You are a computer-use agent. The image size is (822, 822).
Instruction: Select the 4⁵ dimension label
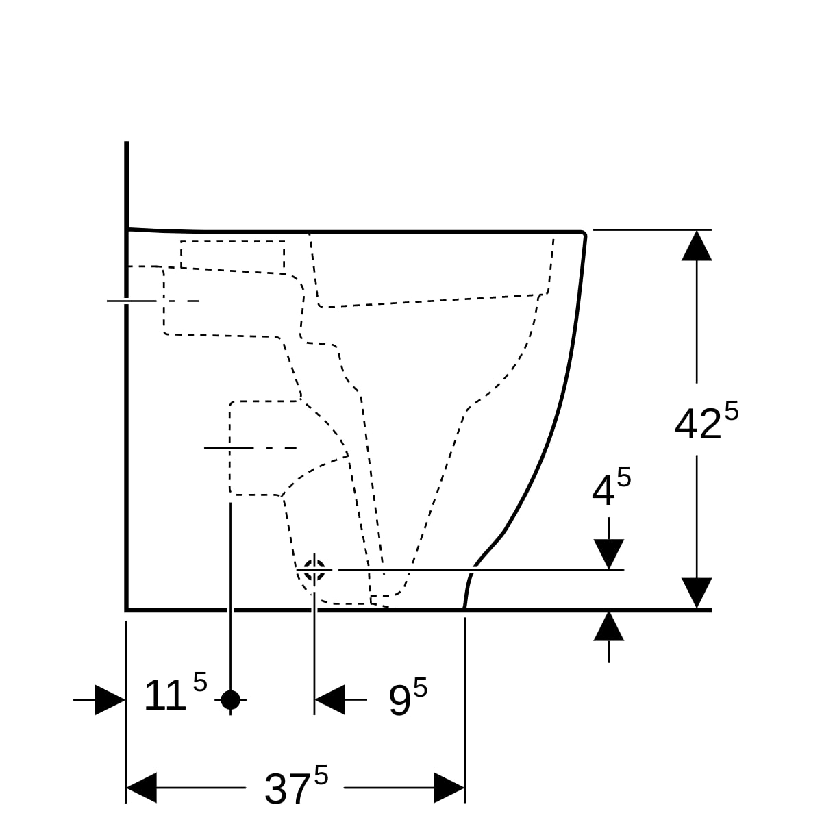(610, 489)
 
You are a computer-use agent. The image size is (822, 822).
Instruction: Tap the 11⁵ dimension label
(175, 696)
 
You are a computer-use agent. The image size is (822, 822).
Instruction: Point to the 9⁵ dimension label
(407, 699)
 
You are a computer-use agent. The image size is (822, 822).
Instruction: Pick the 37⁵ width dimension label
(295, 788)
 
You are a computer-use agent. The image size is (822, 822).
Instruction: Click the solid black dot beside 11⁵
(231, 699)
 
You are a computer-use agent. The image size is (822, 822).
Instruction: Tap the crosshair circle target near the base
(314, 569)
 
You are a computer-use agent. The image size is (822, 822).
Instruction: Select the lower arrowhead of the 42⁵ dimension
(697, 593)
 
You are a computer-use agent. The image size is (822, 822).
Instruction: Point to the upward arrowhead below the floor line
(609, 626)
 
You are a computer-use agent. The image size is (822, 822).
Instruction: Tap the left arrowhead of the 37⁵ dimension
(142, 788)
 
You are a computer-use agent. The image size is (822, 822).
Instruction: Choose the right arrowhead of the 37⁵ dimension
(449, 788)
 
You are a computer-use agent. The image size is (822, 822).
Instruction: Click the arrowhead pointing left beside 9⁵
(329, 699)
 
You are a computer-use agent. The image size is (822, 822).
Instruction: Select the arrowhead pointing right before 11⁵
(110, 699)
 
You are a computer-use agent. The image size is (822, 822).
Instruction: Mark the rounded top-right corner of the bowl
(583, 234)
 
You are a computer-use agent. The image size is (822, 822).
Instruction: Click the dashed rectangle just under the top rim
(233, 255)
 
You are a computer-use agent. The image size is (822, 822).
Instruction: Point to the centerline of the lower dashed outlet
(251, 448)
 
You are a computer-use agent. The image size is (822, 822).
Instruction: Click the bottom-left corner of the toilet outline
(127, 608)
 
